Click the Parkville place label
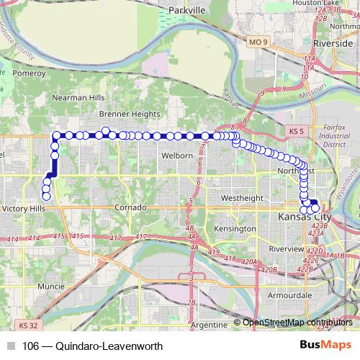(186, 11)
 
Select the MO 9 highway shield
(259, 43)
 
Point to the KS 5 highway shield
(295, 132)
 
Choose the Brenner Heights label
(130, 114)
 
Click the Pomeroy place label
(29, 73)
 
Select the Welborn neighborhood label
(177, 156)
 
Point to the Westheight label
(242, 197)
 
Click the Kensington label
(235, 228)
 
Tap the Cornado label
(130, 207)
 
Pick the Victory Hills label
(24, 208)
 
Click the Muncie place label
(51, 286)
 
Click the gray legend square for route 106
(11, 345)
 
